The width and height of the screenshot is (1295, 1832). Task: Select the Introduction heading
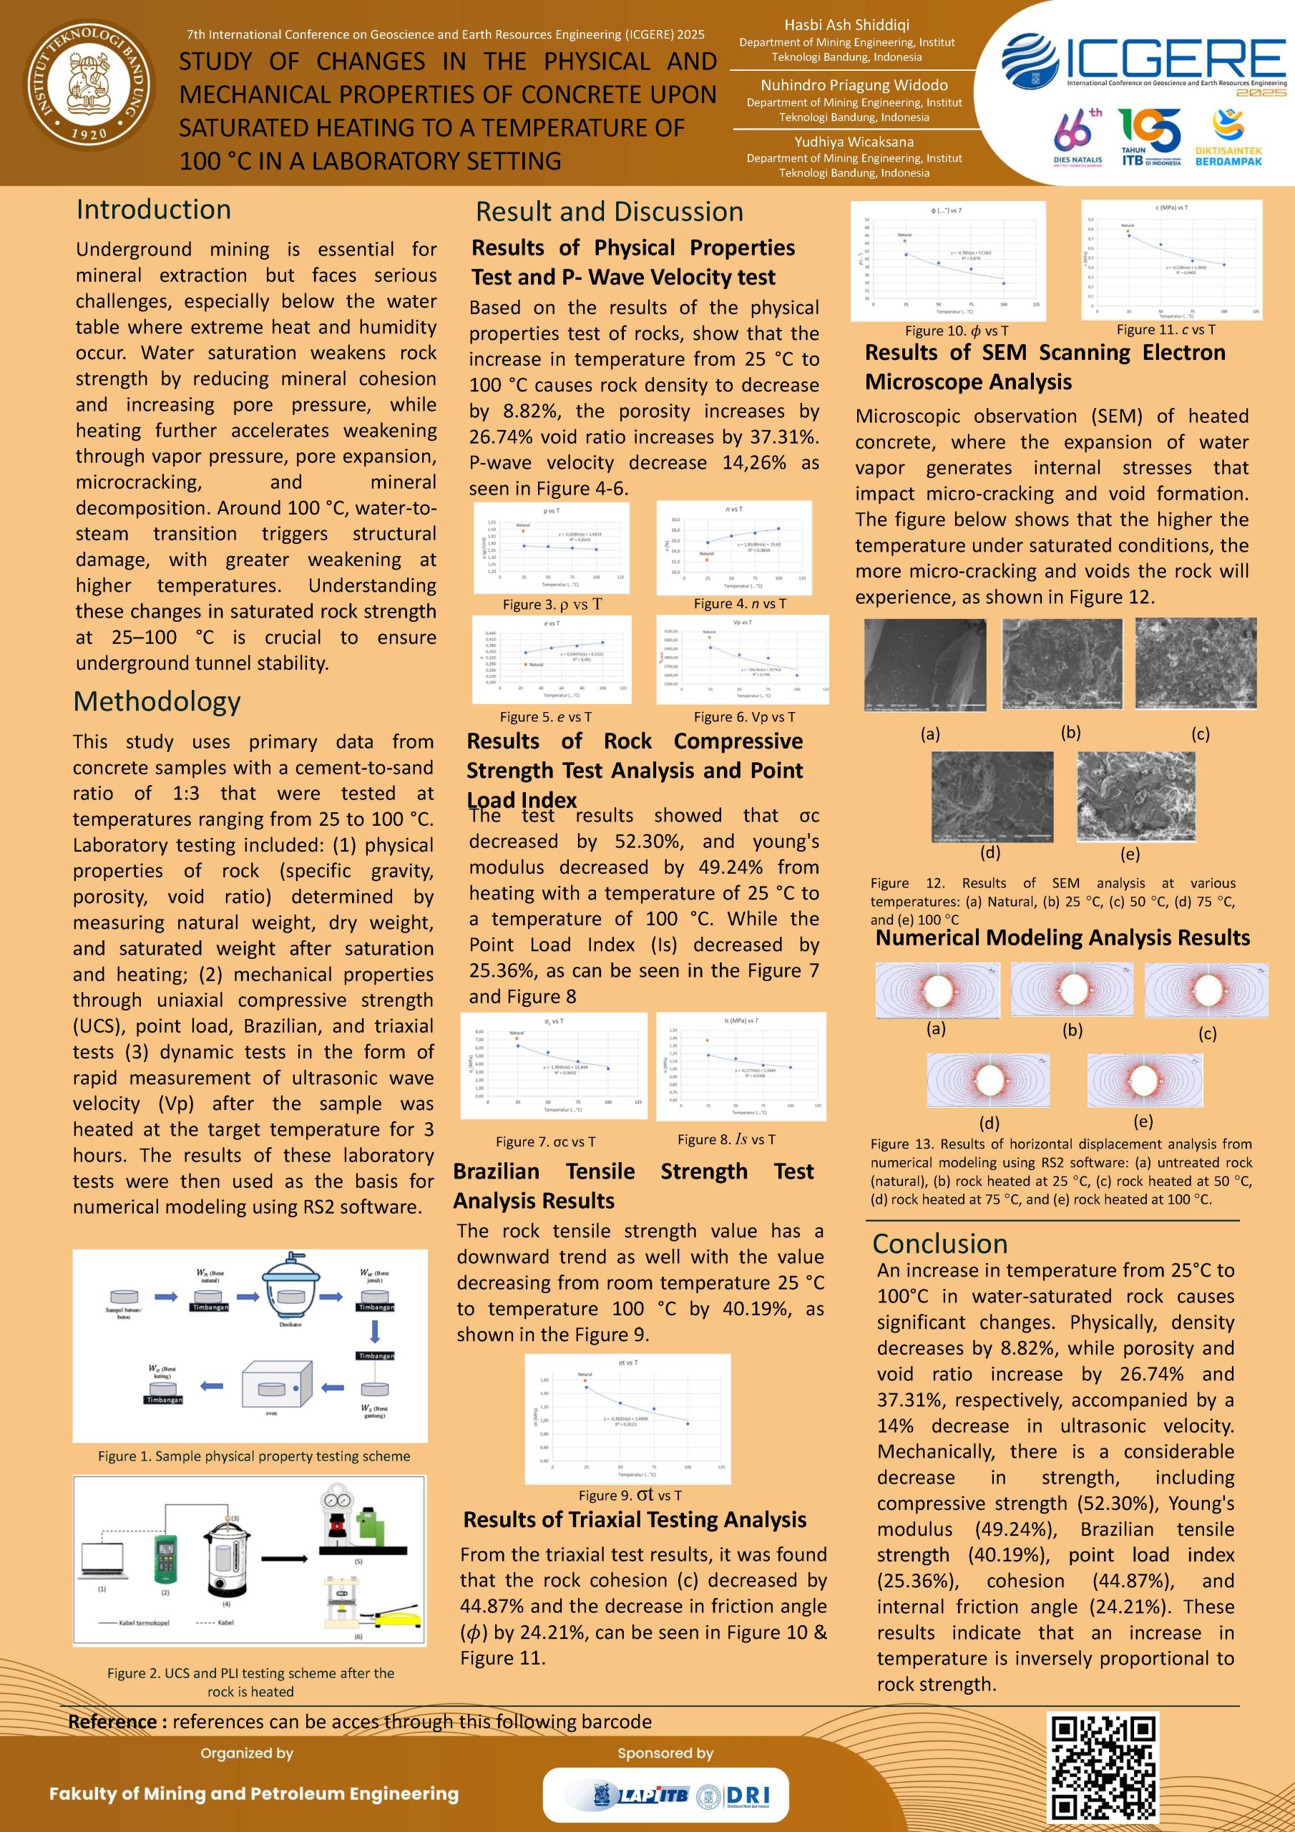tap(153, 209)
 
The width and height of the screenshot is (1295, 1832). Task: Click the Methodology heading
tap(157, 701)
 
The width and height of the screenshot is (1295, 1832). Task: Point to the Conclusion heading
tap(939, 1243)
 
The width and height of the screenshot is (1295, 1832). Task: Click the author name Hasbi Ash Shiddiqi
tap(846, 25)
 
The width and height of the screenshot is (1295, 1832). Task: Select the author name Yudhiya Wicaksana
tap(854, 141)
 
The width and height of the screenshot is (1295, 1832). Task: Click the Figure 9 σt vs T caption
tap(630, 1494)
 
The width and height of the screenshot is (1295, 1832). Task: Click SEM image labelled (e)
tap(1135, 796)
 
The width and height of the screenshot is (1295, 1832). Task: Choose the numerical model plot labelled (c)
tap(1206, 990)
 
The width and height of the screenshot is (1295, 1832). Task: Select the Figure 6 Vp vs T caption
tap(743, 716)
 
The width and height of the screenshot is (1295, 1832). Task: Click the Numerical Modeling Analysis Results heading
tap(1062, 937)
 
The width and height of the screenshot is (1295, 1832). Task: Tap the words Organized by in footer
tap(247, 1753)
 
